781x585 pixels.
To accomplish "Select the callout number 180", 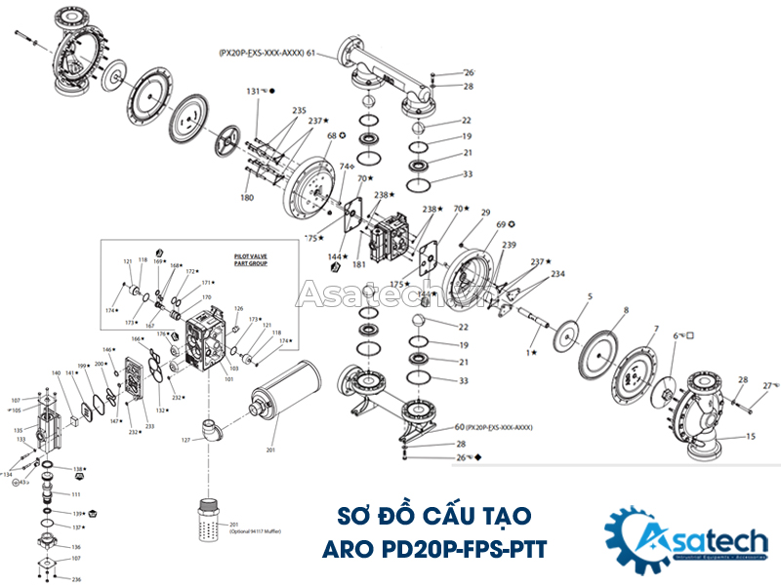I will pyautogui.click(x=247, y=198).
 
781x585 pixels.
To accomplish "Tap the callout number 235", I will pyautogui.click(x=299, y=110).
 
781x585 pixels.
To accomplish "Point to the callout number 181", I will pyautogui.click(x=359, y=264).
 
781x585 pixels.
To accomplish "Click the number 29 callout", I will pyautogui.click(x=485, y=212).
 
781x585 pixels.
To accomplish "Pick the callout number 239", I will pyautogui.click(x=509, y=245).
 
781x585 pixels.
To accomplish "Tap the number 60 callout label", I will pyautogui.click(x=459, y=428).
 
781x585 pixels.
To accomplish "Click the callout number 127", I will pyautogui.click(x=185, y=440).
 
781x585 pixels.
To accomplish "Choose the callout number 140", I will pyautogui.click(x=56, y=373).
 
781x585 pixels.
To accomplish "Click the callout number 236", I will pyautogui.click(x=76, y=579).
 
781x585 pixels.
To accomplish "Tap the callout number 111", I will pyautogui.click(x=76, y=495).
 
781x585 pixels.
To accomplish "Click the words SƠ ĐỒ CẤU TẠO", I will pyautogui.click(x=434, y=514).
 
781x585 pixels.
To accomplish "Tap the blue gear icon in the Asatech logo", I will pyautogui.click(x=631, y=538).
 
